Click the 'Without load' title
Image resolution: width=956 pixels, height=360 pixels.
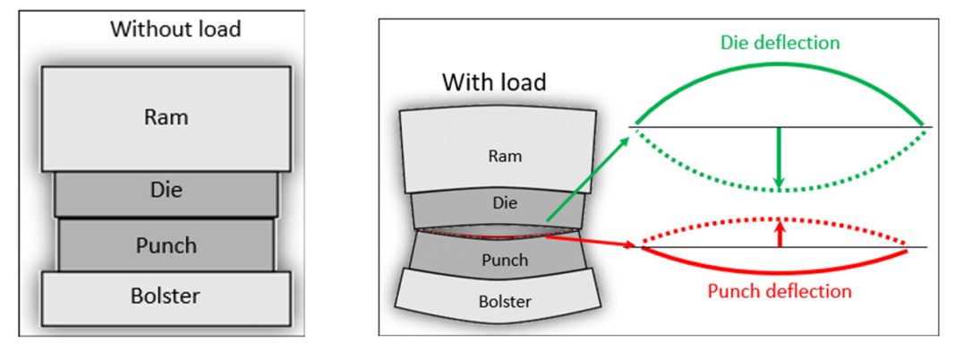[x=175, y=29]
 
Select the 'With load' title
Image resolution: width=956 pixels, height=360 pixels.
[x=494, y=82]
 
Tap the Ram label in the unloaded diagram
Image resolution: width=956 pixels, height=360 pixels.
[x=166, y=117]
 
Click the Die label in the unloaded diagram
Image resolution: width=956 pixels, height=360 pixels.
[x=166, y=191]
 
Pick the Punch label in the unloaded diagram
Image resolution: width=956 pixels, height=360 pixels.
[x=166, y=244]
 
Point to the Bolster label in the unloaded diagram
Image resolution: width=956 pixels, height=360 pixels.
[x=166, y=296]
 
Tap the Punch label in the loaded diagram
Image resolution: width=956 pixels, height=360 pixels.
[x=504, y=261]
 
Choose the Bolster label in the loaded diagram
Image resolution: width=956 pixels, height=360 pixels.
[x=504, y=302]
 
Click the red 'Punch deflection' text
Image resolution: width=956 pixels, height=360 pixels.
[x=779, y=291]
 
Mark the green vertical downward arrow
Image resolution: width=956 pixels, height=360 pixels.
[x=779, y=158]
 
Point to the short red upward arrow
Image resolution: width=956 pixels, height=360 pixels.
[x=780, y=234]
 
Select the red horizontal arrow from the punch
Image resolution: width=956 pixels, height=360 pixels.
[x=591, y=240]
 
